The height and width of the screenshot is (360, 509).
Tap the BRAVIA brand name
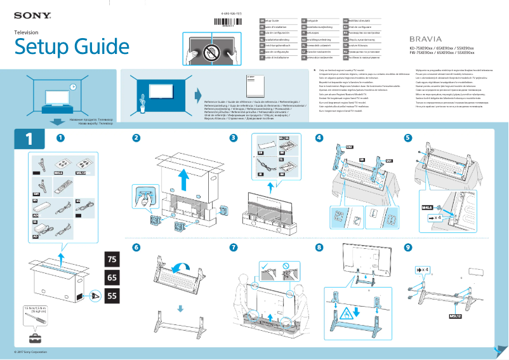(424, 39)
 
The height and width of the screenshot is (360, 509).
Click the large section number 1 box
(30, 139)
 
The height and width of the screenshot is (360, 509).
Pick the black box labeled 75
(112, 260)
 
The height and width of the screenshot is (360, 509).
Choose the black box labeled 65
(112, 277)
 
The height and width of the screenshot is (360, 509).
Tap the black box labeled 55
(112, 295)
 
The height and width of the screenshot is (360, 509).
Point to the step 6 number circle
(136, 247)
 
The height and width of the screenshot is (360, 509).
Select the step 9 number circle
(407, 247)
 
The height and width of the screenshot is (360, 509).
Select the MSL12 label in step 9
(455, 315)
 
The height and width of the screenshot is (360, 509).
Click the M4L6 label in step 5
(428, 207)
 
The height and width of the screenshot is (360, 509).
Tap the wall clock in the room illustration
(74, 87)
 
